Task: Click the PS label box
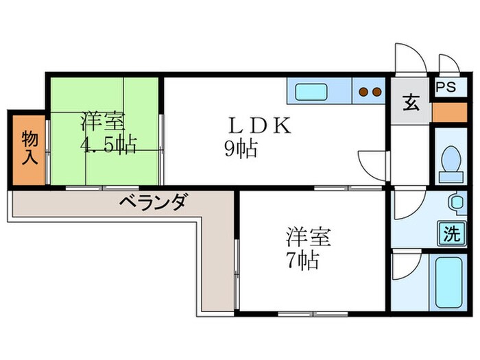(x=446, y=87)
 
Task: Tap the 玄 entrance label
(x=411, y=104)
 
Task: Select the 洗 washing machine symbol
(x=451, y=234)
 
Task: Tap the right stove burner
(x=377, y=91)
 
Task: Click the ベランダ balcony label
(x=151, y=202)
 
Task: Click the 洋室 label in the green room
(x=103, y=121)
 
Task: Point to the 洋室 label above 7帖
(x=309, y=237)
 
